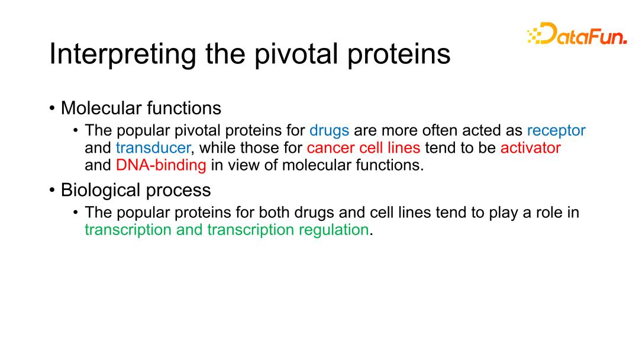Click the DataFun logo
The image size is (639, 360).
(577, 33)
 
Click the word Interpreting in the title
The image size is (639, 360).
(122, 54)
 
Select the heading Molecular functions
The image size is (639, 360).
(141, 108)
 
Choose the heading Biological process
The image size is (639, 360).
(135, 191)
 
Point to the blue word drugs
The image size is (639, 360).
(330, 131)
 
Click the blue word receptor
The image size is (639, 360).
(556, 131)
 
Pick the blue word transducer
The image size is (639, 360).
(153, 147)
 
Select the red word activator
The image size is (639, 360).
(531, 147)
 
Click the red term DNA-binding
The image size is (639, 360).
(161, 165)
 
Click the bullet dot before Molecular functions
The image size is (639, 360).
(51, 109)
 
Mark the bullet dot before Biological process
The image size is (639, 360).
(51, 191)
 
